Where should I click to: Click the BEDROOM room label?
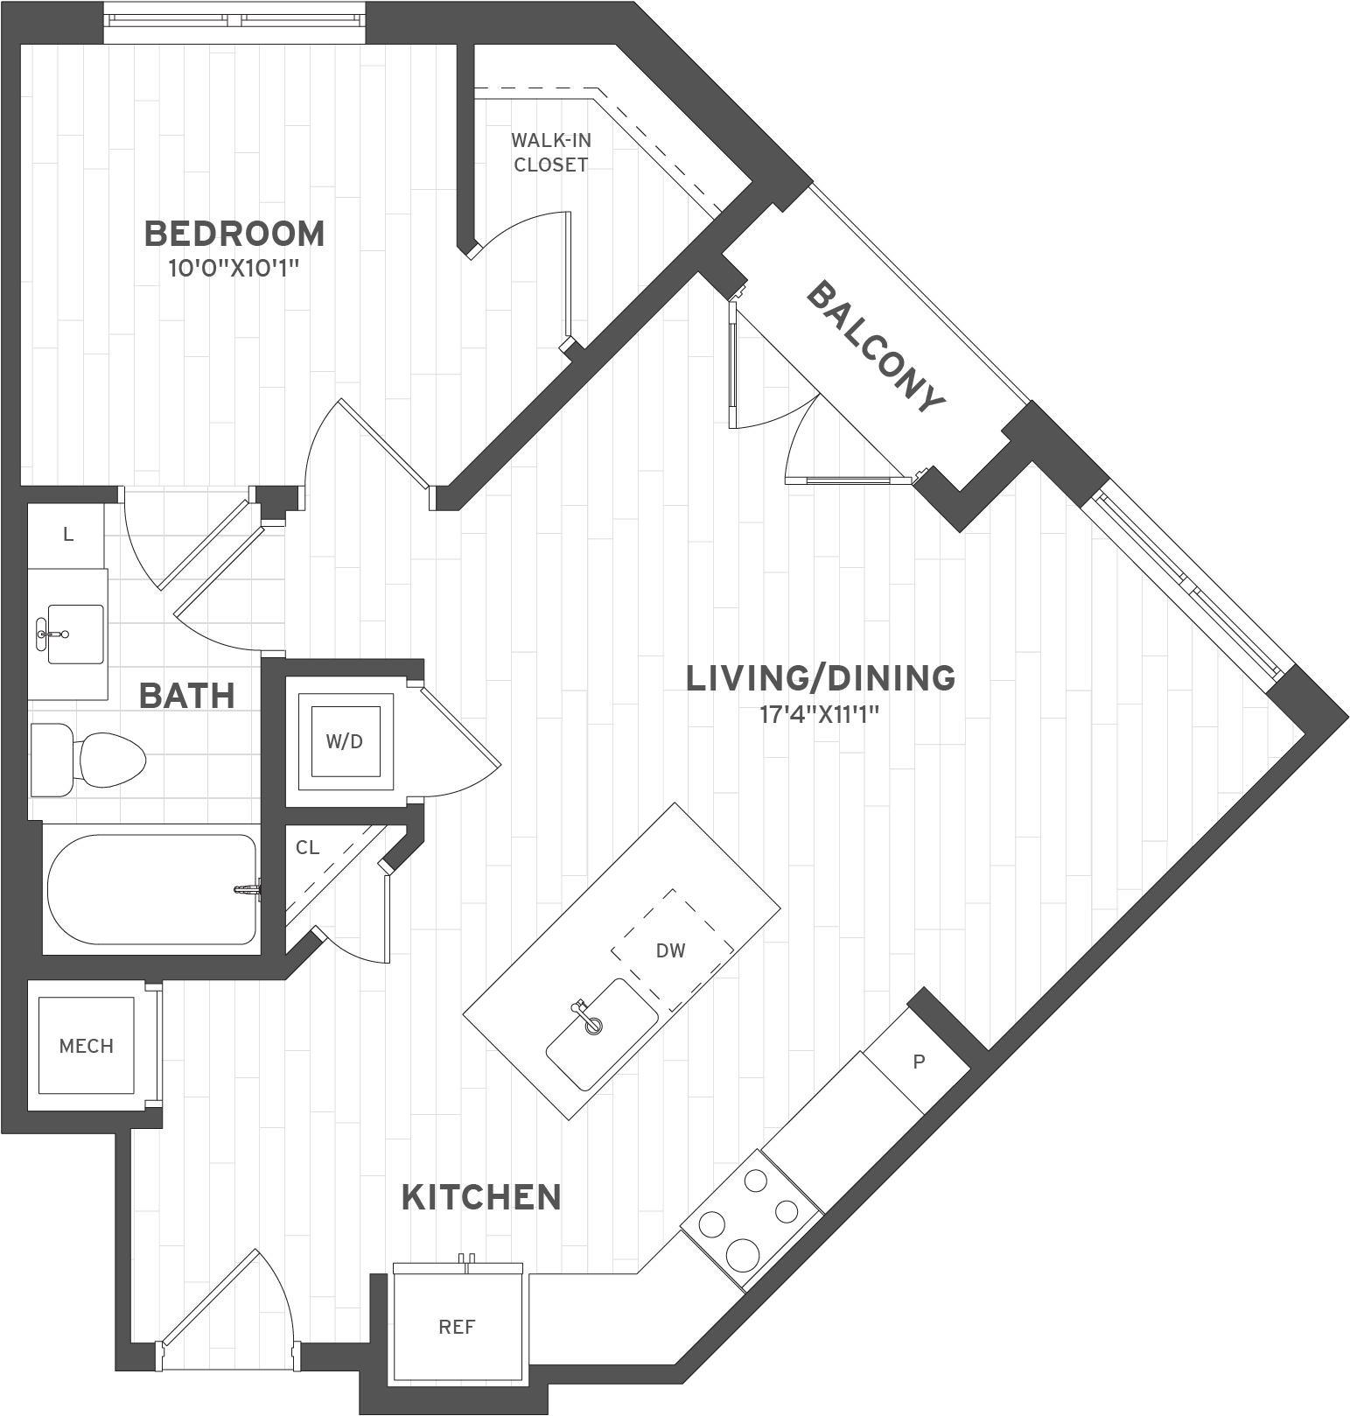pyautogui.click(x=234, y=235)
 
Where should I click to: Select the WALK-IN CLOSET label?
pyautogui.click(x=550, y=151)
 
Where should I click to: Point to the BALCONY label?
pyautogui.click(x=875, y=347)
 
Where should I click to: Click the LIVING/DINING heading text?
pyautogui.click(x=820, y=678)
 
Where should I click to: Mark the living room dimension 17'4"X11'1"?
pyautogui.click(x=819, y=715)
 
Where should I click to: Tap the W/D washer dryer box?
pyautogui.click(x=344, y=741)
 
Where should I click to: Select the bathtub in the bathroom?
pyautogui.click(x=150, y=889)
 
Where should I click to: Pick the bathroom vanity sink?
pyautogui.click(x=73, y=633)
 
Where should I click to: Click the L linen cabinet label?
pyautogui.click(x=67, y=534)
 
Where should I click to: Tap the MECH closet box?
pyautogui.click(x=86, y=1046)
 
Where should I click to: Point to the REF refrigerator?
pyautogui.click(x=457, y=1328)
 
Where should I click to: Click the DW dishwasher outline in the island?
pyautogui.click(x=671, y=950)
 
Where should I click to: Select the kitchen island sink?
pyautogui.click(x=602, y=1034)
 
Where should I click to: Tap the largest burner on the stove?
pyautogui.click(x=742, y=1252)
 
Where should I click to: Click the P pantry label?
pyautogui.click(x=918, y=1062)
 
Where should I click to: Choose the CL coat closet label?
pyautogui.click(x=307, y=847)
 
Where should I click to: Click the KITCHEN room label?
pyautogui.click(x=481, y=1197)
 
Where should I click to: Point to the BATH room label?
pyautogui.click(x=187, y=697)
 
